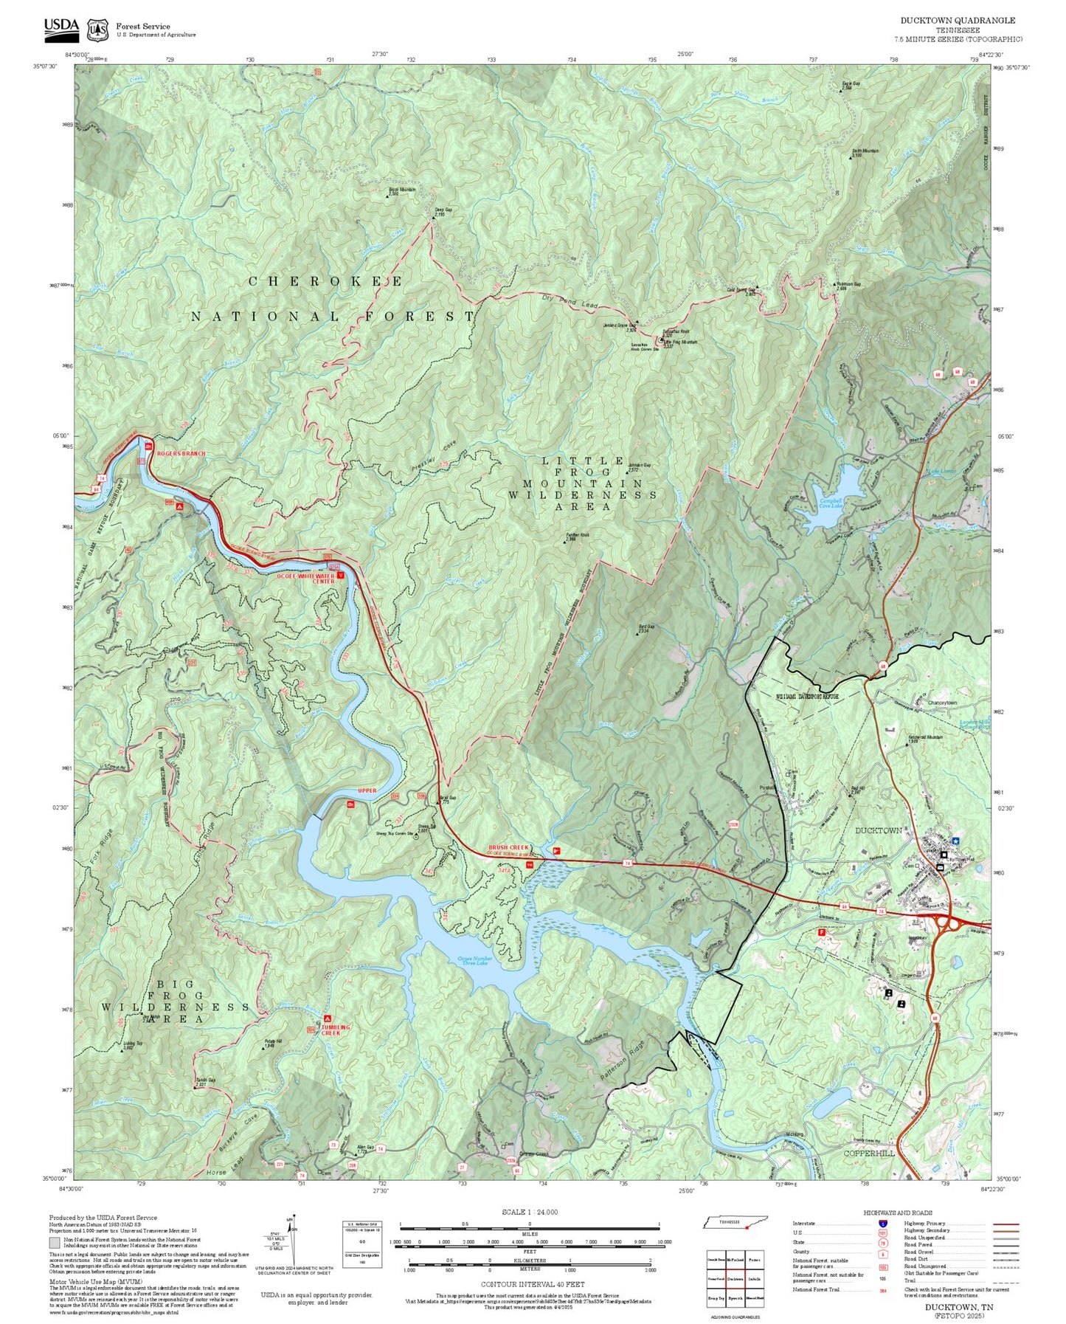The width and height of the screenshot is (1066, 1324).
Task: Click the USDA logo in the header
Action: (60, 28)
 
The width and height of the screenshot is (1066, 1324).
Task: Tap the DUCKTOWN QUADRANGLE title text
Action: (957, 21)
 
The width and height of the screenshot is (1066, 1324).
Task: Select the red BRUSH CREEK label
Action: (509, 849)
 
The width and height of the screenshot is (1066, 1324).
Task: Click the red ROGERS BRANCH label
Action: (181, 453)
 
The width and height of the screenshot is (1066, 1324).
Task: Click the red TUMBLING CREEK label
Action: (336, 1030)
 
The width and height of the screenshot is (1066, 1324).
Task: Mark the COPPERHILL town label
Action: (869, 1153)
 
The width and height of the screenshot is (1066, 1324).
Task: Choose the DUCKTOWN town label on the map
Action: (878, 831)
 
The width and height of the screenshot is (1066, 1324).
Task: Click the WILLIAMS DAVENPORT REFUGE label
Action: (806, 697)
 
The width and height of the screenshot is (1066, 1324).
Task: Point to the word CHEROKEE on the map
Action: (325, 282)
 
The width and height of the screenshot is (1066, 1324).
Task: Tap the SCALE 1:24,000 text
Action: (530, 1212)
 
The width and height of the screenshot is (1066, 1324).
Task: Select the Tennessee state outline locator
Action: (735, 1223)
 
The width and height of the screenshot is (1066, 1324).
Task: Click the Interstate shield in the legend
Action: (882, 1224)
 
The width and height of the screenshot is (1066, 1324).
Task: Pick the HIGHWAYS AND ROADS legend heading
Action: (897, 1213)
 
